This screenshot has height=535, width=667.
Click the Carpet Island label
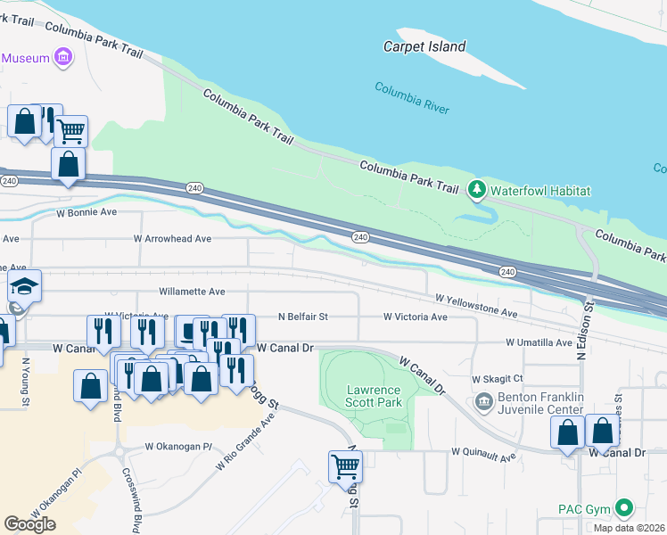[424, 46]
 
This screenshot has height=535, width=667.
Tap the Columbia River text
[411, 98]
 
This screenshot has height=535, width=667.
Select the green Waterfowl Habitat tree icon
[477, 189]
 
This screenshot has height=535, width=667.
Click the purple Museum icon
[62, 59]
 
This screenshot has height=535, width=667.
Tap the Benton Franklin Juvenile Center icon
[484, 401]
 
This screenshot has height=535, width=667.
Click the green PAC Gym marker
[624, 510]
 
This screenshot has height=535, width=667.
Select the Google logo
[29, 523]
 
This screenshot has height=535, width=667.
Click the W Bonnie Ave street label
[86, 213]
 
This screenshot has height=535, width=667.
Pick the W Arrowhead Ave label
[172, 239]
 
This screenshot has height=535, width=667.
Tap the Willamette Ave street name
[192, 292]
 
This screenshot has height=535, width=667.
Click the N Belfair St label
[303, 317]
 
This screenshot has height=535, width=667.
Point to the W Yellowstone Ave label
[476, 307]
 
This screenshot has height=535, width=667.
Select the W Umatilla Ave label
[539, 342]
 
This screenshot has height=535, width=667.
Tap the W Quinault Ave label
[483, 457]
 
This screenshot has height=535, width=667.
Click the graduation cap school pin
[25, 287]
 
